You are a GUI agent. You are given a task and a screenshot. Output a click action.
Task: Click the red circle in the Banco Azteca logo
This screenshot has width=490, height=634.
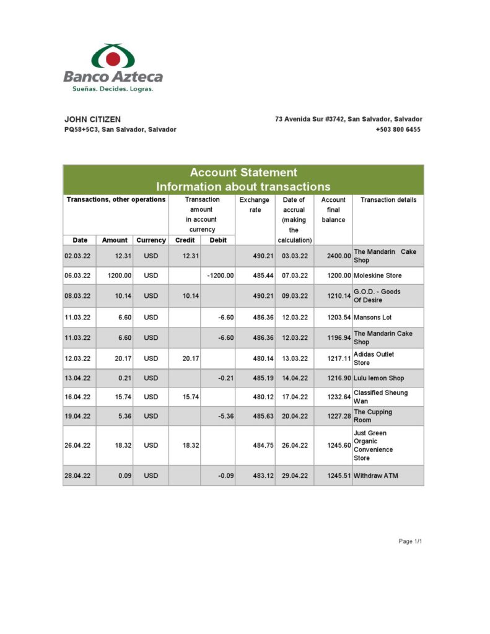click(113, 59)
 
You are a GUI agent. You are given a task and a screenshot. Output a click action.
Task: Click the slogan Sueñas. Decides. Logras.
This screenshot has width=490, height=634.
click(113, 89)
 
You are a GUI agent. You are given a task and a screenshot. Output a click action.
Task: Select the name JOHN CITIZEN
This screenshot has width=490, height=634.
click(93, 119)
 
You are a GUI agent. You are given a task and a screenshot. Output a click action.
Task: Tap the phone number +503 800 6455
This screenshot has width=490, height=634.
click(398, 129)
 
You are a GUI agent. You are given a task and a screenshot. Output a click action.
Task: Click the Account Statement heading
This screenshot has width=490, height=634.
click(243, 173)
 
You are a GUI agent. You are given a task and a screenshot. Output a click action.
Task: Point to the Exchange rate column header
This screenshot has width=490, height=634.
click(255, 205)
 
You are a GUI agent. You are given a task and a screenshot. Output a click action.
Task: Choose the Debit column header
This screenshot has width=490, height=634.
click(218, 240)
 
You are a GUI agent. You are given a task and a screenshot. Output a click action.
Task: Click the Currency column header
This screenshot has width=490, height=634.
click(151, 240)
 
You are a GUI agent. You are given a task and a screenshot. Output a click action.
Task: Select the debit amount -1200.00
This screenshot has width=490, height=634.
click(221, 275)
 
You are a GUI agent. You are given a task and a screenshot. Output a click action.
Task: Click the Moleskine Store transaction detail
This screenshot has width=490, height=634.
click(378, 275)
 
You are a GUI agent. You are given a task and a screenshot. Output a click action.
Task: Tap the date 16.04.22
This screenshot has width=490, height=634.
click(77, 397)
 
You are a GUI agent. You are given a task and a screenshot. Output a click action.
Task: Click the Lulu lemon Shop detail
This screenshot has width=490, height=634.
click(380, 378)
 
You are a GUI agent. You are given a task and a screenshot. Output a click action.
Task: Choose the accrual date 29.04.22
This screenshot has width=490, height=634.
click(294, 475)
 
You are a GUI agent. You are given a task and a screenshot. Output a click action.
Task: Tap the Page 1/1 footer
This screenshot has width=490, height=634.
click(410, 541)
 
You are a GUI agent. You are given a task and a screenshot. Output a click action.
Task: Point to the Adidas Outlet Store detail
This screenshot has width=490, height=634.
click(374, 358)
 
